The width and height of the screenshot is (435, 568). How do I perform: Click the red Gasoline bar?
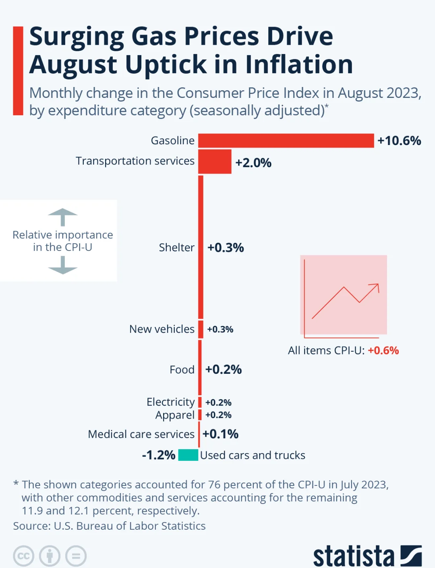coord(286,141)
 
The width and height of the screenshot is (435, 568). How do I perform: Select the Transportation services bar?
coord(215,162)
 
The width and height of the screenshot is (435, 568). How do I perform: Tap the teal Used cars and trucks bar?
coord(188,455)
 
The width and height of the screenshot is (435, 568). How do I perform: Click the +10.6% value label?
coord(399,141)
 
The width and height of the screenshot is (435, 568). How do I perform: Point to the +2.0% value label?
coord(253,163)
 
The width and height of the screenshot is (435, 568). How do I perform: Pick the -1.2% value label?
coord(159,455)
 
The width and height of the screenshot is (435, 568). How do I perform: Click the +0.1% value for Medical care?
coord(220,434)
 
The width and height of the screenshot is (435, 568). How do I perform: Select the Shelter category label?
coord(176,247)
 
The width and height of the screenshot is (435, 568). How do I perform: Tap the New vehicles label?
coord(162,329)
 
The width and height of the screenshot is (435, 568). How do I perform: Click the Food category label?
coord(182,369)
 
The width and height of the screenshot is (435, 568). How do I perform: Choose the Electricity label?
coord(170,402)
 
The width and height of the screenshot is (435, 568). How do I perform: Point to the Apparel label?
coord(175,415)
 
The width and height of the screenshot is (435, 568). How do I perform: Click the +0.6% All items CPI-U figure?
coord(383,350)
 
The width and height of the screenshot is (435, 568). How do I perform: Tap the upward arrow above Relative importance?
coord(62,217)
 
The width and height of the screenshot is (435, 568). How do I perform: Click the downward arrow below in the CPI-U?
coord(62,266)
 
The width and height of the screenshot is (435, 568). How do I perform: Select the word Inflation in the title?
coord(299,64)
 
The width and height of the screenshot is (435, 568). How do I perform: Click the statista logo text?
coord(353,556)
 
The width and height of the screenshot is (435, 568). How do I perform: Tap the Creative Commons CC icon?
coord(23,556)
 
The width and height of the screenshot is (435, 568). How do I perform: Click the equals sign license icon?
coord(76,556)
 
